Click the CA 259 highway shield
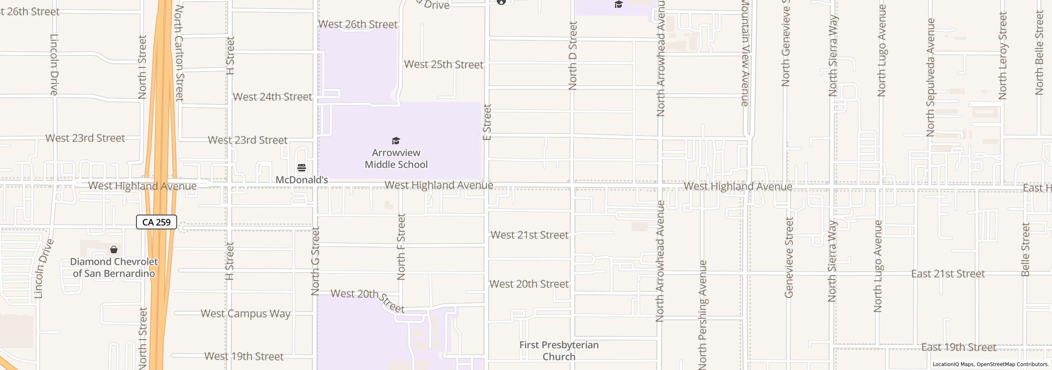tap(157, 222)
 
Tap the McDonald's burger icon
tap(302, 168)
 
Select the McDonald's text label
tap(302, 180)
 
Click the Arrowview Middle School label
tap(396, 159)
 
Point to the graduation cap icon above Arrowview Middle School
tap(396, 141)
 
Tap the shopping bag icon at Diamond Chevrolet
tap(114, 250)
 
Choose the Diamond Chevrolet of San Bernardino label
tap(114, 268)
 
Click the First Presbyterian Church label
tap(559, 351)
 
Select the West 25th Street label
tap(444, 65)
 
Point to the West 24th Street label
tap(272, 97)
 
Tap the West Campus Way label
tap(245, 314)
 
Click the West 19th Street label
tap(244, 356)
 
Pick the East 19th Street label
tap(959, 347)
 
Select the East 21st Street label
tap(948, 274)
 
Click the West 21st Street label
tap(530, 235)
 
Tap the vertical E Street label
tap(487, 122)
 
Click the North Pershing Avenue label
tap(703, 314)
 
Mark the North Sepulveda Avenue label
tap(930, 77)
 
